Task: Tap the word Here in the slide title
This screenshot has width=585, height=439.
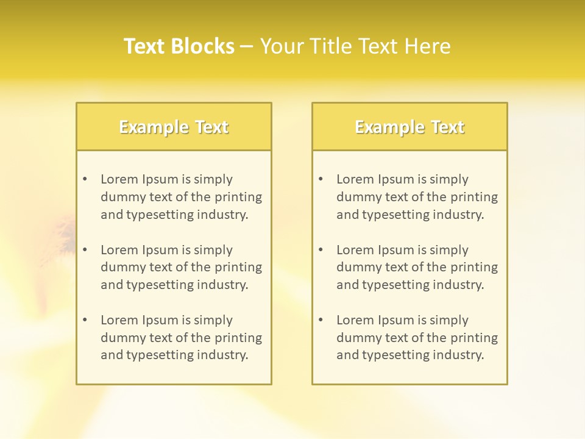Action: coord(428,46)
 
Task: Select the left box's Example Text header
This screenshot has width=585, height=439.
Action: coord(174,127)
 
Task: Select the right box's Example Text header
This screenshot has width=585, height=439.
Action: coord(409,127)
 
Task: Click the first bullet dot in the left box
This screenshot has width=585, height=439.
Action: coord(85,179)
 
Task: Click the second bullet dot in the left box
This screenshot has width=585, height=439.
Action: coord(85,250)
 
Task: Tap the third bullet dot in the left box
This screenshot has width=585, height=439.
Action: coord(85,320)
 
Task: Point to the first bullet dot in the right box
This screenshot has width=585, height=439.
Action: coord(321,179)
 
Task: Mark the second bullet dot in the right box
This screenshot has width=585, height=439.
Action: coord(321,250)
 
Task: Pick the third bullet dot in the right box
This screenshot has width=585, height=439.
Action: coord(321,320)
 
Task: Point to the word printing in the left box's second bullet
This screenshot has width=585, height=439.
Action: coord(239,267)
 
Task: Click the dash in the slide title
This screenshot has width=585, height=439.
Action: coord(247,46)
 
